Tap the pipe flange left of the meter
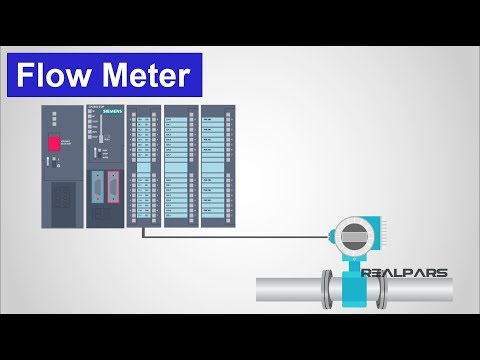325,289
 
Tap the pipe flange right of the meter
383,289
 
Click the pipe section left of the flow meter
285,290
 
